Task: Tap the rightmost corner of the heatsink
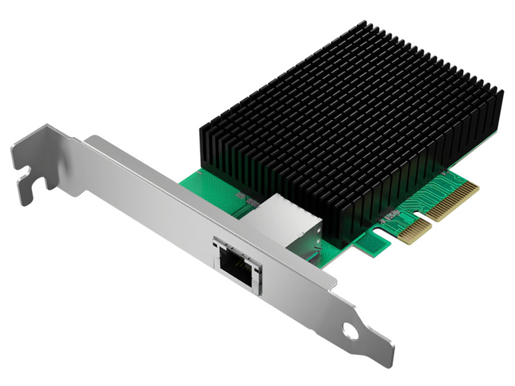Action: [502, 93]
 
